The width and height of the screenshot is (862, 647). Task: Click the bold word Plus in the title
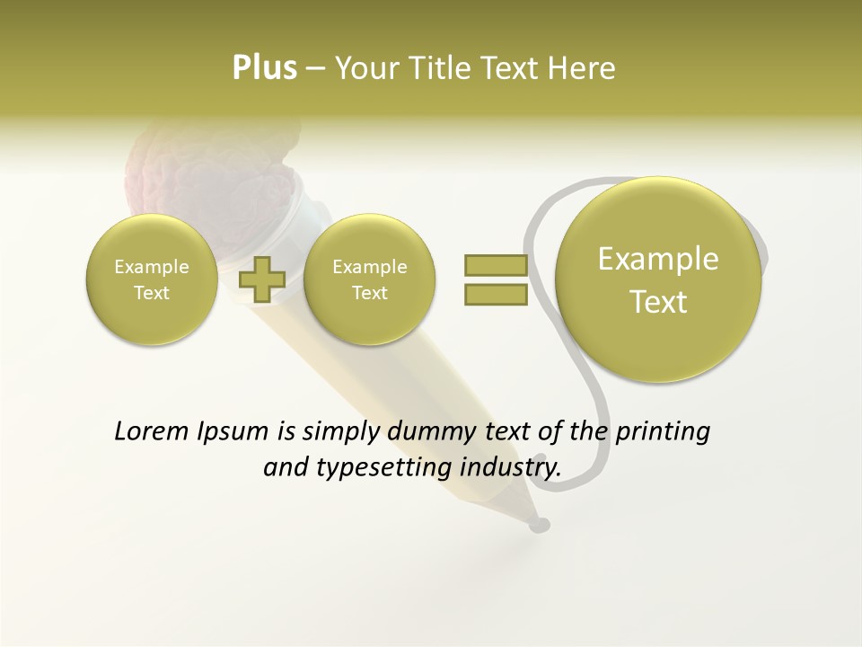click(x=264, y=68)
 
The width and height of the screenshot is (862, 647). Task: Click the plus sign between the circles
click(x=261, y=279)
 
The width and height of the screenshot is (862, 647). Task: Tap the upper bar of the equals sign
click(x=495, y=265)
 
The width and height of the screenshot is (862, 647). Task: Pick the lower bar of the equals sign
click(x=495, y=294)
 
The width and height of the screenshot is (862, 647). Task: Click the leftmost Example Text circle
click(x=151, y=279)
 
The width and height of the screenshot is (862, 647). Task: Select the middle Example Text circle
click(x=369, y=279)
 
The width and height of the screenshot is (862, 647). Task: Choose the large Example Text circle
click(x=658, y=279)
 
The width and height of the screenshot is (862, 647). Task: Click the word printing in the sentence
click(x=662, y=431)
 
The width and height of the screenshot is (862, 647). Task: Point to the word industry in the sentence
click(x=511, y=467)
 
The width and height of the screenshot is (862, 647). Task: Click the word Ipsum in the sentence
click(x=234, y=431)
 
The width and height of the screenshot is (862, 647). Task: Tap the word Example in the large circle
click(x=658, y=259)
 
